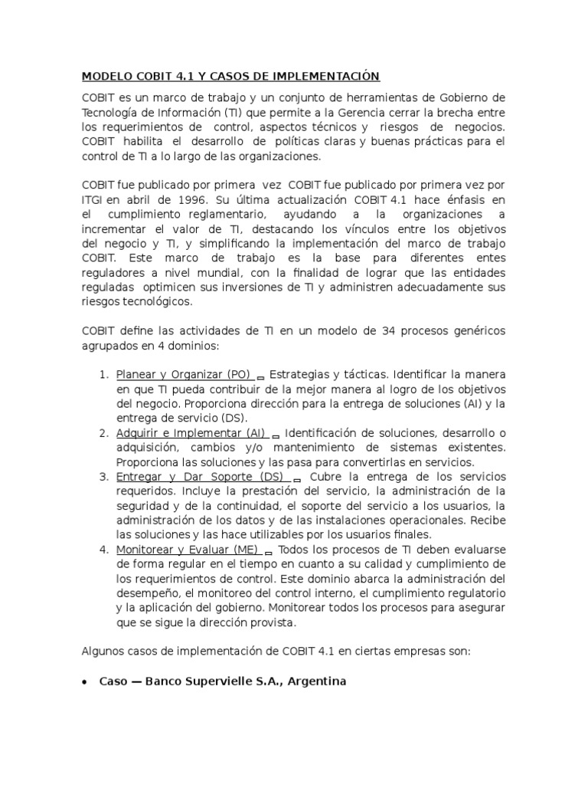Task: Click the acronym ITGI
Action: click(93, 199)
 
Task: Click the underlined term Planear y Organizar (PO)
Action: click(183, 374)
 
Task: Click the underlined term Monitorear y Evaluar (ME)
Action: click(187, 550)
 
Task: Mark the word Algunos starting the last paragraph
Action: click(102, 652)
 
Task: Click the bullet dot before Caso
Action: click(84, 682)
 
